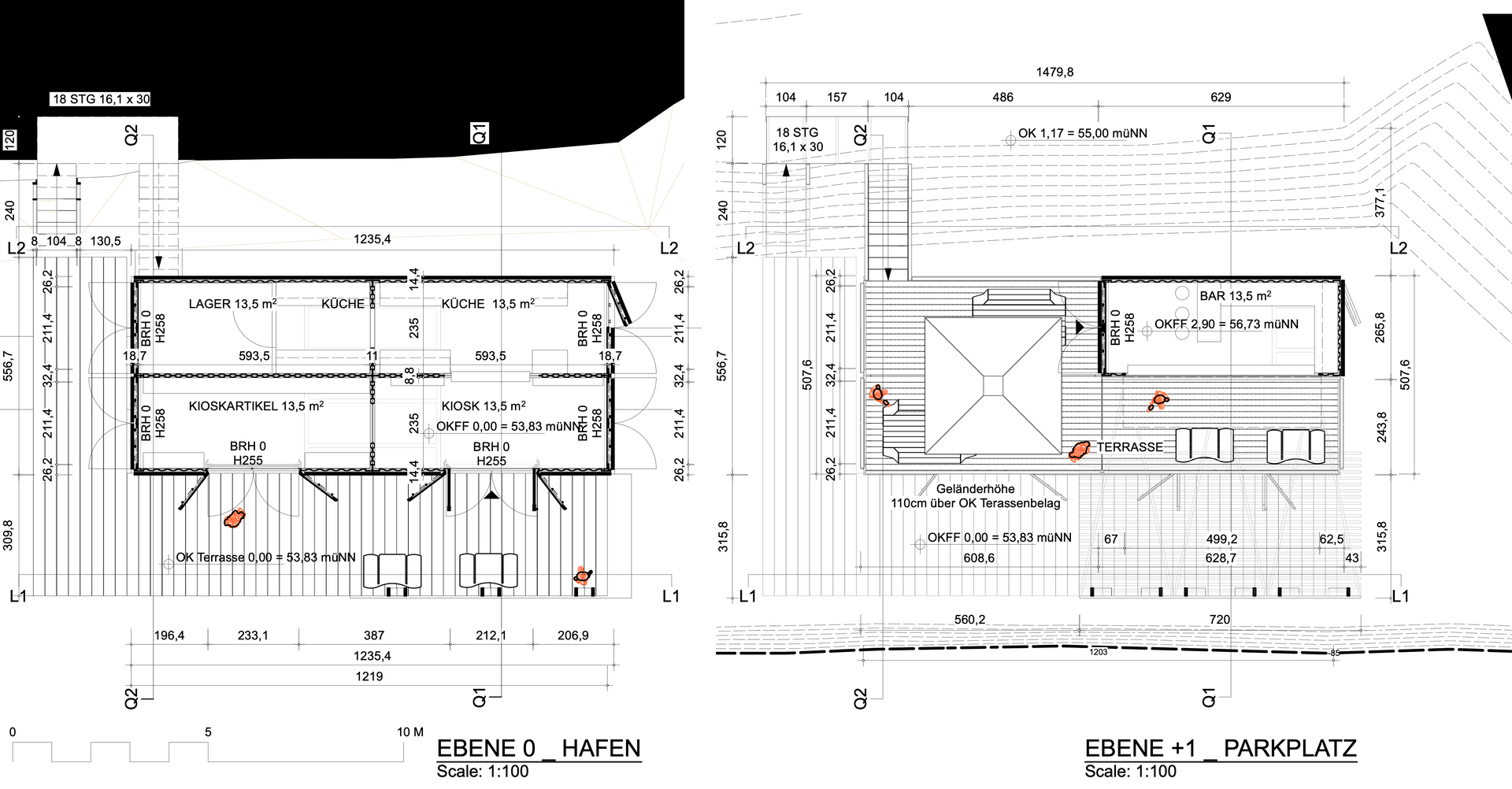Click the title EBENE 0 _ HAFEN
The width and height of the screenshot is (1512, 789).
pyautogui.click(x=539, y=748)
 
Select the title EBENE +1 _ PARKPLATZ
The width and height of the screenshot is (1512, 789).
pyautogui.click(x=1221, y=748)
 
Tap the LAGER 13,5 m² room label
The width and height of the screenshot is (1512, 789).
pyautogui.click(x=232, y=303)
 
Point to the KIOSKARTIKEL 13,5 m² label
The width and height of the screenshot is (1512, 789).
pyautogui.click(x=256, y=406)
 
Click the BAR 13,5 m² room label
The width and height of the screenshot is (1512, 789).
pyautogui.click(x=1236, y=296)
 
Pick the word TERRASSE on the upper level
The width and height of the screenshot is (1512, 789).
pyautogui.click(x=1130, y=447)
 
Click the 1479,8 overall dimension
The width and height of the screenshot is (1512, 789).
pyautogui.click(x=1054, y=72)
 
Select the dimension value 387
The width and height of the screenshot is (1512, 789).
pyautogui.click(x=374, y=635)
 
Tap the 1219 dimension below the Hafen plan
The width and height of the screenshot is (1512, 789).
pyautogui.click(x=369, y=676)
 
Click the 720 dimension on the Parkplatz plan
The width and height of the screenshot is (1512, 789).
pyautogui.click(x=1220, y=620)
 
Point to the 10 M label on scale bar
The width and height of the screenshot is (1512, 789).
pyautogui.click(x=410, y=732)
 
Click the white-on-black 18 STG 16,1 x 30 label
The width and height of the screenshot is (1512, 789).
pyautogui.click(x=101, y=99)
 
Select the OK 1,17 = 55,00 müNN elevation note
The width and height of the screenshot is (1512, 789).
pyautogui.click(x=1083, y=133)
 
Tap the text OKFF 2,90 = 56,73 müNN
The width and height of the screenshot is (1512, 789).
pyautogui.click(x=1227, y=324)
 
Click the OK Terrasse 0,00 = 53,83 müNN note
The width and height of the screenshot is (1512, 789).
pyautogui.click(x=265, y=557)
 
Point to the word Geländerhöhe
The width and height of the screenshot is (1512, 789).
pyautogui.click(x=976, y=489)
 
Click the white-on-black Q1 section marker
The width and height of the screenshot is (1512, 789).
pyautogui.click(x=480, y=133)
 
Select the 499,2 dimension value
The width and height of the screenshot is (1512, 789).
pyautogui.click(x=1221, y=539)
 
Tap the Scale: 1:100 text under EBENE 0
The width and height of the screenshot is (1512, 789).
pyautogui.click(x=483, y=772)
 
